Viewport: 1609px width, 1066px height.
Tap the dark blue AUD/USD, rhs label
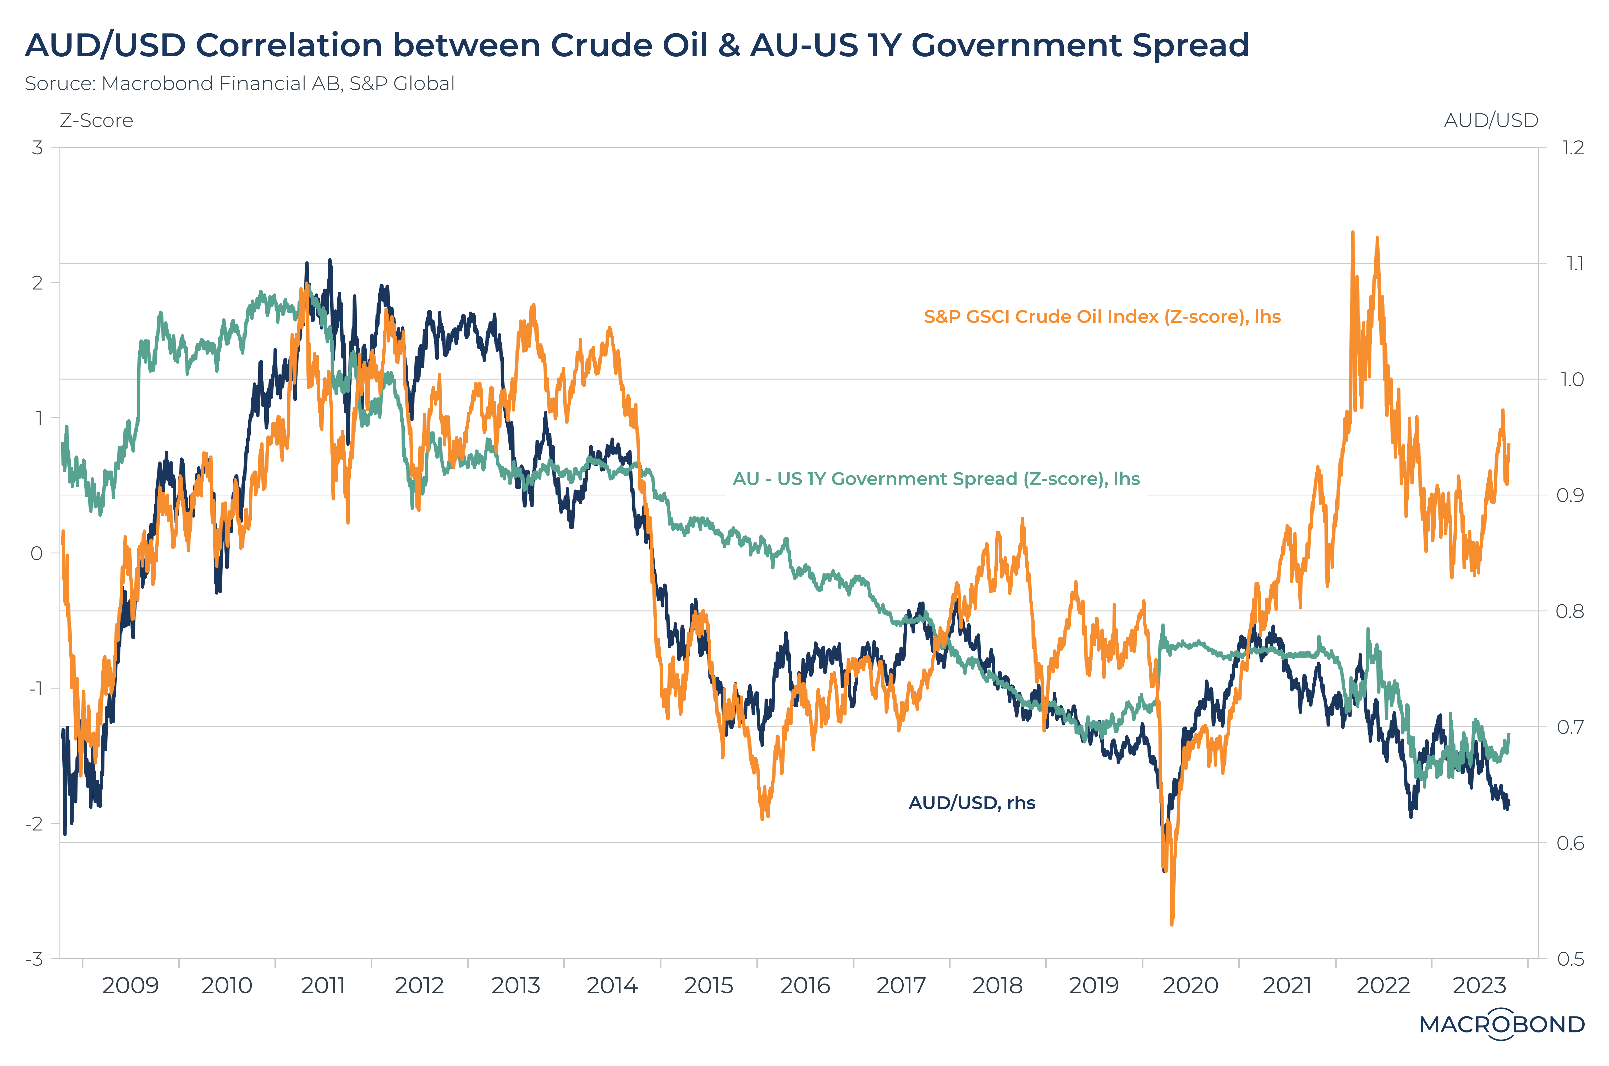pos(971,803)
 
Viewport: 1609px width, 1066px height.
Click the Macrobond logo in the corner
pos(1502,1024)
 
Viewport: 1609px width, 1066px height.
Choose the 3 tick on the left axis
pos(37,147)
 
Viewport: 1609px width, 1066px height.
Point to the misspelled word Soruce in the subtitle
pos(60,84)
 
